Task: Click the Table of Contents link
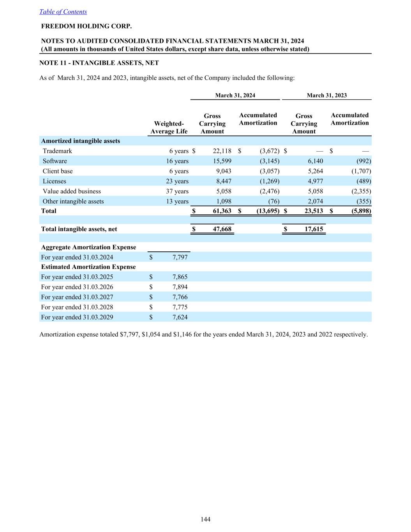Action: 63,12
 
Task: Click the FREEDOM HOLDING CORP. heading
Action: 86,27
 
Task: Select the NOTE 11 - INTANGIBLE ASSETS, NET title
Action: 99,63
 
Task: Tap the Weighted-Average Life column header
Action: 169,127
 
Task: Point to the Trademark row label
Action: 57,151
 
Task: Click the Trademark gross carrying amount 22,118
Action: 222,151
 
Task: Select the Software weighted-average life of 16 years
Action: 177,161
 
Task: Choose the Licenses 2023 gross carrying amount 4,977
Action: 315,181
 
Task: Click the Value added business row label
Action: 72,191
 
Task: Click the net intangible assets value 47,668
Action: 222,229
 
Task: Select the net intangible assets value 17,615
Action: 314,229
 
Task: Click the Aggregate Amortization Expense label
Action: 88,247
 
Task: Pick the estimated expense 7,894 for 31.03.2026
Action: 180,287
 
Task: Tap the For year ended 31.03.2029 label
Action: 77,317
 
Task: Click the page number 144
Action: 205,519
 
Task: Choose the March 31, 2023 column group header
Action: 326,95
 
